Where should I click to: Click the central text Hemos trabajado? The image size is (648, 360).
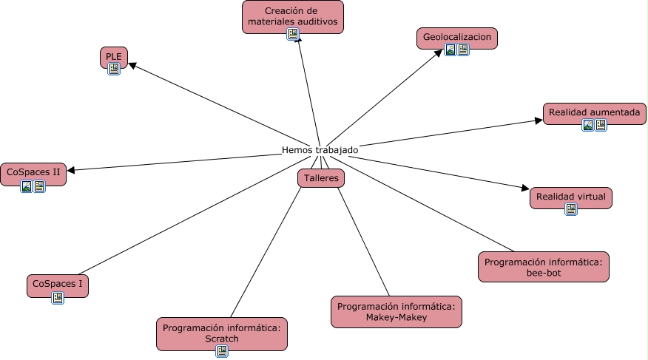click(320, 150)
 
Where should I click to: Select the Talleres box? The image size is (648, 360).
click(321, 178)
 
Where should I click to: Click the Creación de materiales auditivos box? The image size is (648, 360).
click(293, 16)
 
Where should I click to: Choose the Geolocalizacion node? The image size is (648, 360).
click(457, 37)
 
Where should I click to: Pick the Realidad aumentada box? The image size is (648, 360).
click(595, 113)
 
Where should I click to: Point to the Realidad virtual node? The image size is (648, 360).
click(571, 197)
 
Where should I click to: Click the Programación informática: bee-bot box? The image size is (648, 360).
click(544, 267)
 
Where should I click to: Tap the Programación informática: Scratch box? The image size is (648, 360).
click(222, 333)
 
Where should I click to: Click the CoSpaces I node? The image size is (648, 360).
click(57, 285)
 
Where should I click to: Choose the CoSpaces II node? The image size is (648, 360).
click(33, 172)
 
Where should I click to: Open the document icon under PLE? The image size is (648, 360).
click(114, 69)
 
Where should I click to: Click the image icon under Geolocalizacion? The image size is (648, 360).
click(450, 50)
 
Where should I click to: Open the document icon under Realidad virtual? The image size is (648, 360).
click(571, 209)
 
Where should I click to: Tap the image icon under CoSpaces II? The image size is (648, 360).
click(27, 186)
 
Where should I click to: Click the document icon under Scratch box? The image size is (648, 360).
click(222, 351)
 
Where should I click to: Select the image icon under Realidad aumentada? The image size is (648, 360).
click(588, 125)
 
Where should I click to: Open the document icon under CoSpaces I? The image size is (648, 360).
click(58, 298)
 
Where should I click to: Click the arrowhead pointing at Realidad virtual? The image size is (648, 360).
click(524, 190)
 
